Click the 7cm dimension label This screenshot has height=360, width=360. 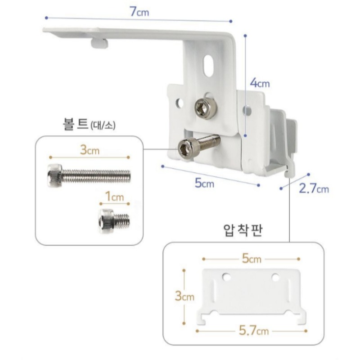pyautogui.click(x=139, y=12)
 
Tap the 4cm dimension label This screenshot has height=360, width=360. pyautogui.click(x=260, y=83)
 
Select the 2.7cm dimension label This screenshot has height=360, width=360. pyautogui.click(x=314, y=189)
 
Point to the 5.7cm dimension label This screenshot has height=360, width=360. pyautogui.click(x=254, y=331)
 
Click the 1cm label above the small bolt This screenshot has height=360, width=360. pyautogui.click(x=114, y=197)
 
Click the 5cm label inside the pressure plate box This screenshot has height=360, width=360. pyautogui.click(x=252, y=258)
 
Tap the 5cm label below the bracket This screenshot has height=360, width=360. pyautogui.click(x=204, y=183)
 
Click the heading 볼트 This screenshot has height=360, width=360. pyautogui.click(x=76, y=124)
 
